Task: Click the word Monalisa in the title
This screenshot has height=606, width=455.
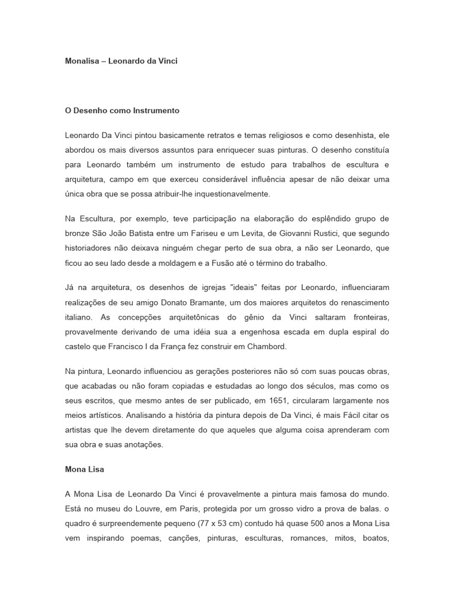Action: tap(81, 61)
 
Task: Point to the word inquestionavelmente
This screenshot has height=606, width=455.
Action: tap(234, 194)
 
